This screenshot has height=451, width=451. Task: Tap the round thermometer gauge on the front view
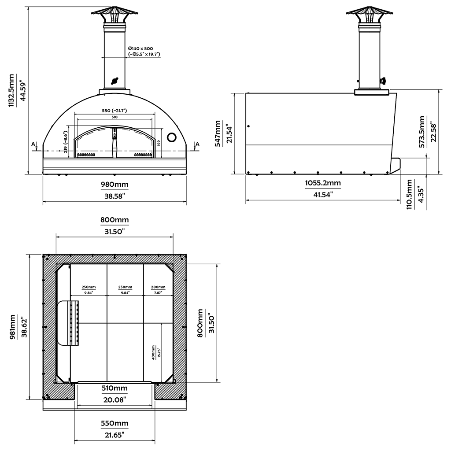173,137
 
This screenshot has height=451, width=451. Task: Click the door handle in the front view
115,141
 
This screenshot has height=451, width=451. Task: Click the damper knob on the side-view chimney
383,81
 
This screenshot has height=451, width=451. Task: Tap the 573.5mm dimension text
422,132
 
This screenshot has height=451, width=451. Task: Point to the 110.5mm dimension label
410,194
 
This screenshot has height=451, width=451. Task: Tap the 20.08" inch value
115,399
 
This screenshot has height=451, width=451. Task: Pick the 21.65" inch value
115,434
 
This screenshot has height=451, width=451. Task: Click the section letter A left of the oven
33,144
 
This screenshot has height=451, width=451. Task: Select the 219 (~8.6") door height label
65,141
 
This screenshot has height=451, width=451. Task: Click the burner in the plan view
69,323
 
